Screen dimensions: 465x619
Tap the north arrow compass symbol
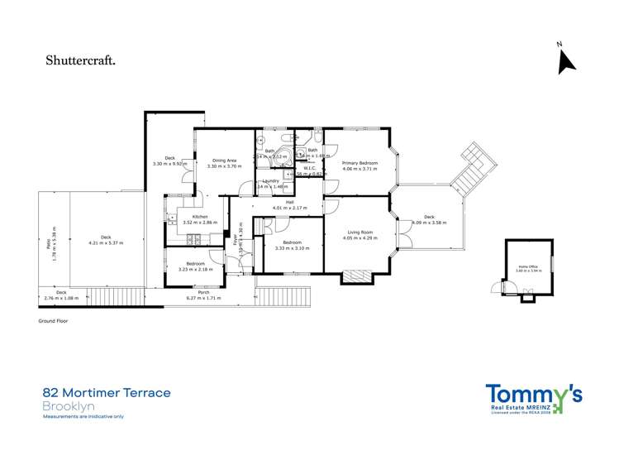566,61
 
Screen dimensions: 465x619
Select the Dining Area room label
225,161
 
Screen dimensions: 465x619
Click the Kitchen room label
188,217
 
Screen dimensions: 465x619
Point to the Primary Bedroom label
359,163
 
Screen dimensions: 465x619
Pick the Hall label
290,203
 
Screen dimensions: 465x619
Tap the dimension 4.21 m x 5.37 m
105,243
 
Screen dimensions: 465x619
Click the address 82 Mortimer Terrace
107,393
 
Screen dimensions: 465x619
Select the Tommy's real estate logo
533,399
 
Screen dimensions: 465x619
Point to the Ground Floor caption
55,319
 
